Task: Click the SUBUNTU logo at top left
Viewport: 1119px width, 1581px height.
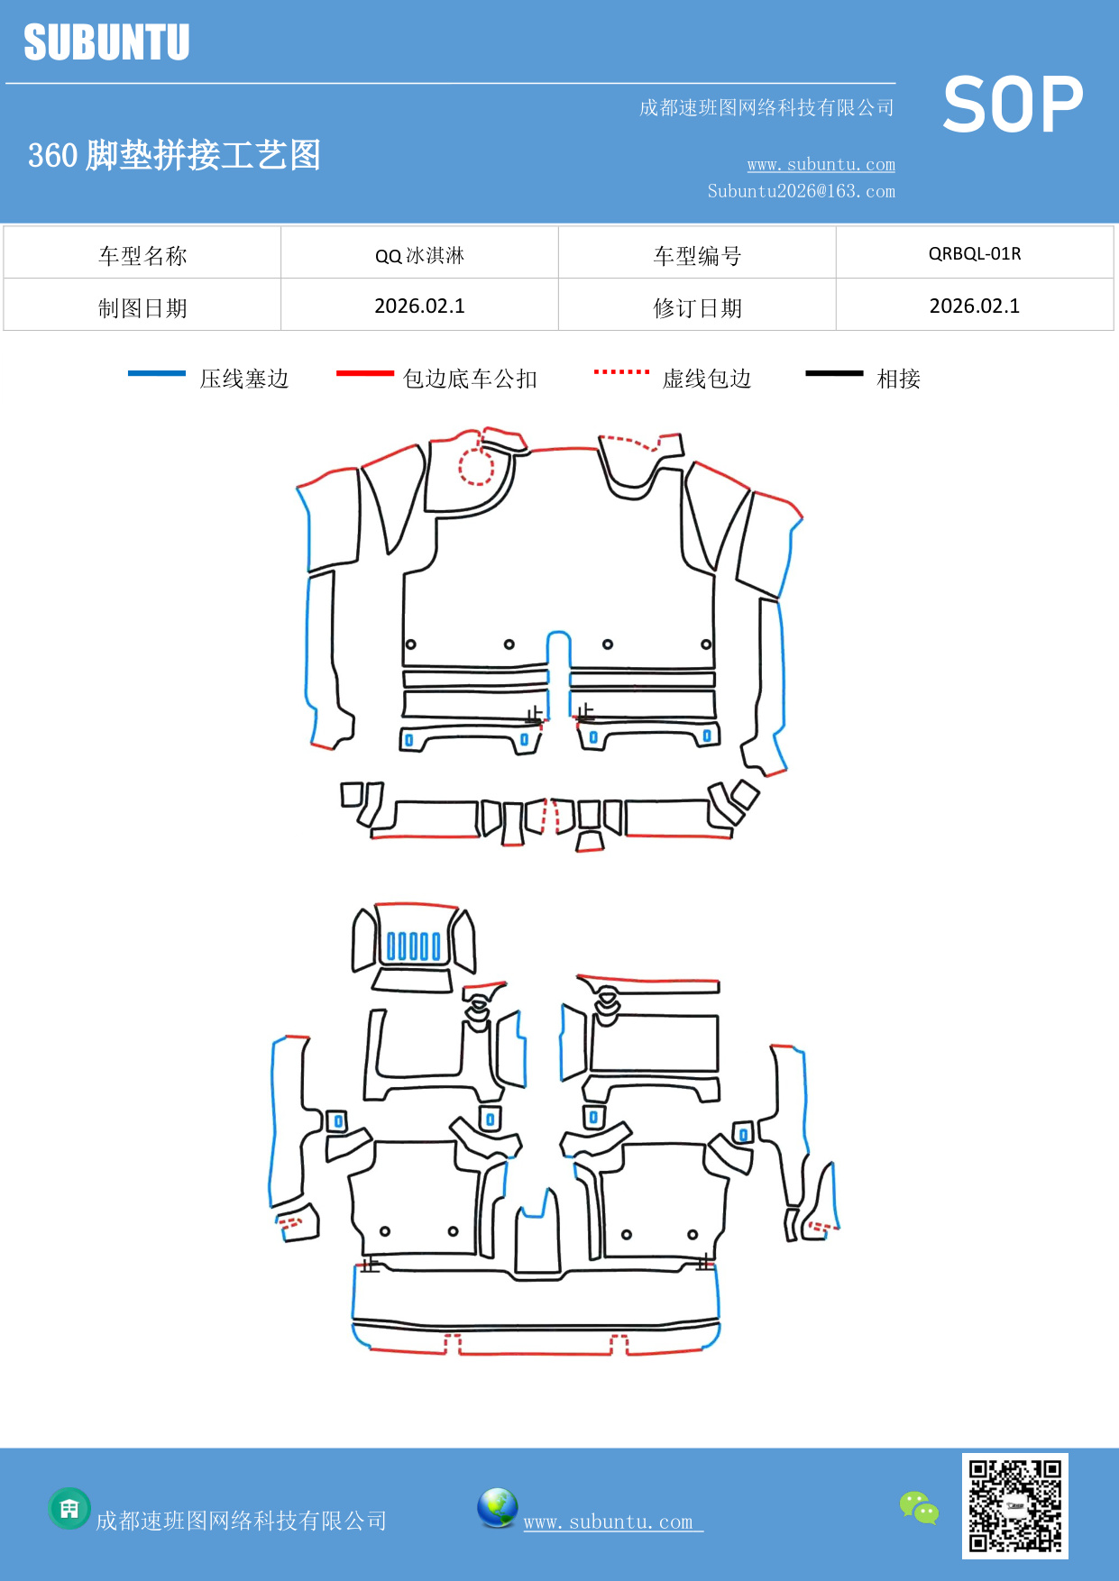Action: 106,42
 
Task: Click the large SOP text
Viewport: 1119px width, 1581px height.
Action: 1012,105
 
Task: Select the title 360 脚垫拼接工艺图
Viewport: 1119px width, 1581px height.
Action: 174,155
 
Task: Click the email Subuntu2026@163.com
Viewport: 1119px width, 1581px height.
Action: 801,191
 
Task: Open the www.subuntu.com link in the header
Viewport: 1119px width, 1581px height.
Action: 821,165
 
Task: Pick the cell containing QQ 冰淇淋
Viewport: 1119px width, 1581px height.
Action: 419,255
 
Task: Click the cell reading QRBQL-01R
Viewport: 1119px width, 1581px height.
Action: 974,253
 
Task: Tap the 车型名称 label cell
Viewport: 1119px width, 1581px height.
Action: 142,255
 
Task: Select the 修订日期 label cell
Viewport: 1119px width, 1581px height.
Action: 697,307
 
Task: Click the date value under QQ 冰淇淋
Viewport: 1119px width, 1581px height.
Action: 419,306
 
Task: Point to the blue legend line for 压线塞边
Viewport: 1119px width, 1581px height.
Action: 157,373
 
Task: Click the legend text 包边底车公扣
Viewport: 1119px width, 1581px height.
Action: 470,379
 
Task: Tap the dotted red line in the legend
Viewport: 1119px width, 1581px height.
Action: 621,371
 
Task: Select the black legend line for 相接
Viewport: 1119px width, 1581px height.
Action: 834,373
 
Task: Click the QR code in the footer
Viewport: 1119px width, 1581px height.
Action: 1014,1505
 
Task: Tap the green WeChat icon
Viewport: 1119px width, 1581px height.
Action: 919,1508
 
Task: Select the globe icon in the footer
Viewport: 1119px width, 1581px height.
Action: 497,1508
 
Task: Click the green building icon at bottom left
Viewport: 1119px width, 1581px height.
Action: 69,1508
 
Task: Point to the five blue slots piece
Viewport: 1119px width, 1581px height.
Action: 413,946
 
